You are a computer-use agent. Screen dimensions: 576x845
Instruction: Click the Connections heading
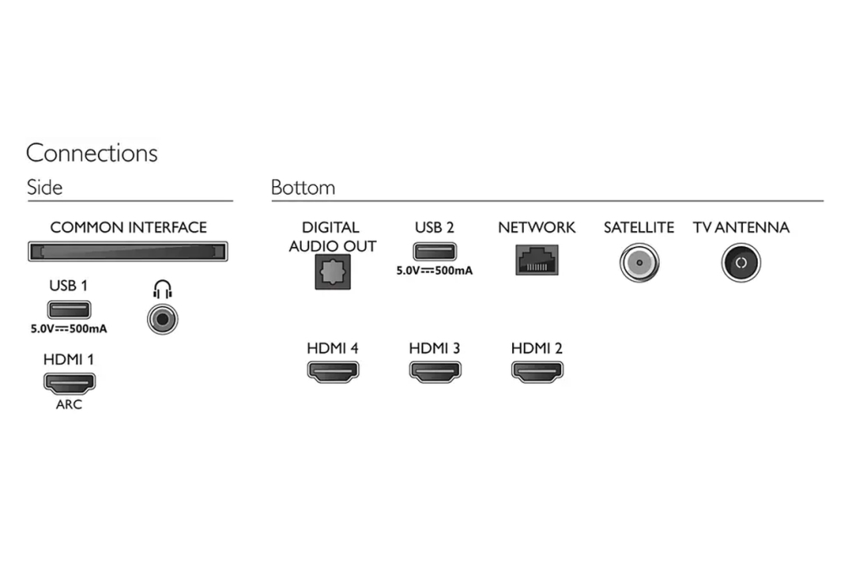pos(91,153)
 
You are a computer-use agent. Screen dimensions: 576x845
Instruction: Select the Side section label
pos(44,187)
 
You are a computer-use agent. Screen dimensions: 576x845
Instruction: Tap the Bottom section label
pos(303,187)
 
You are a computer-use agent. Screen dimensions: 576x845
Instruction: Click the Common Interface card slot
pos(127,252)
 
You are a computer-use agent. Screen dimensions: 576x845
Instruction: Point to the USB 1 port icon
pos(69,310)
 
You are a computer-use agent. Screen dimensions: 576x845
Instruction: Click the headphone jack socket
pos(162,319)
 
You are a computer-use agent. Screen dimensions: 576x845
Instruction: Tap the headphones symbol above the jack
pos(162,291)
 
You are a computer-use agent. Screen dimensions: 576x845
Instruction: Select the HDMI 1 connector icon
pos(69,381)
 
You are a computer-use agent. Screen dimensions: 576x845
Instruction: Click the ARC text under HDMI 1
pos(68,404)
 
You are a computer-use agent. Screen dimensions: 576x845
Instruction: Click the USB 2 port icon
pos(434,251)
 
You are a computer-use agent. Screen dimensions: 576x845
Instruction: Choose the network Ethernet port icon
pos(536,259)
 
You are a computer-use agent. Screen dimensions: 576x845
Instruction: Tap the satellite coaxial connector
pos(638,263)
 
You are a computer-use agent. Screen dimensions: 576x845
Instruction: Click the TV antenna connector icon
pos(740,263)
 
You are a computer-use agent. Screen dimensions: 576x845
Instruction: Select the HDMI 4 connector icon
pos(332,370)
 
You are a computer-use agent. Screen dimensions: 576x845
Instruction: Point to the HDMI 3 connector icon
pos(434,370)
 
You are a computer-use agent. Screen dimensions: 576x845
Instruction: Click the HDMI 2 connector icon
pos(537,370)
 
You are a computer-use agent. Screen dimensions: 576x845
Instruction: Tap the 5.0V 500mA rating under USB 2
pos(434,272)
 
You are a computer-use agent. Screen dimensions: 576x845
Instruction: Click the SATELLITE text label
pos(639,228)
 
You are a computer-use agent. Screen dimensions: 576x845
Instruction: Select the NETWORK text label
pos(537,228)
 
